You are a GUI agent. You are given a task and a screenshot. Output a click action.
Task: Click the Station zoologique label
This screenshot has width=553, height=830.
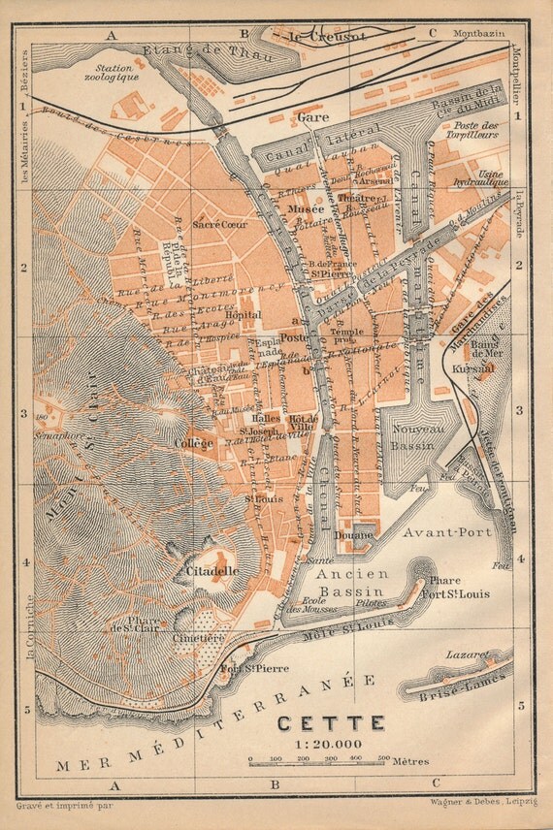point(112,72)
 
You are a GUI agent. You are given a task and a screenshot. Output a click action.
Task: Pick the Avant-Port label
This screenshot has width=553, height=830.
point(447,531)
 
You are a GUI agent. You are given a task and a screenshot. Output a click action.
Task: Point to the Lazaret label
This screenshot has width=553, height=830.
point(466,655)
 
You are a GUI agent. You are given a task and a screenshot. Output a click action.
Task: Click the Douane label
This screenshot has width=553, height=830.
point(355,534)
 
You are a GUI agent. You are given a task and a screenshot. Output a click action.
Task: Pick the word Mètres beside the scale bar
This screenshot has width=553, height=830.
point(411,762)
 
